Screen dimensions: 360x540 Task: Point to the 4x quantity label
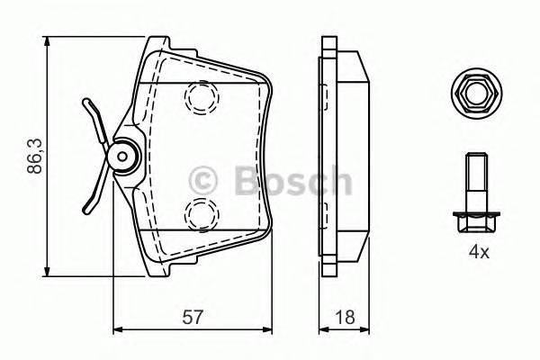coord(477,253)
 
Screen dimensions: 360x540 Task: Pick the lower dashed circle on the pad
coord(201,213)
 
